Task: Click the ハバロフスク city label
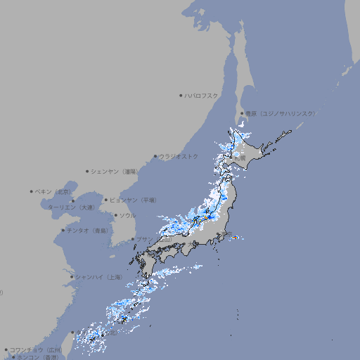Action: [x=202, y=96]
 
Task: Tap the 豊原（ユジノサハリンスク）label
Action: [x=280, y=113]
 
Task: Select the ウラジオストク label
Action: [x=179, y=156]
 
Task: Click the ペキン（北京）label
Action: [x=54, y=191]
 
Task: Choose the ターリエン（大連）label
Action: [x=71, y=207]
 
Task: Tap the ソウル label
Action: [x=127, y=216]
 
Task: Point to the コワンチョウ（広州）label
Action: [x=35, y=349]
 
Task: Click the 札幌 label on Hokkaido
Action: [x=240, y=159]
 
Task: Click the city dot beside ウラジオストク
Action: [x=155, y=156]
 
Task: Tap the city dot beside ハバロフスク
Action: [x=181, y=96]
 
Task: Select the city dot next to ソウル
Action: [x=115, y=216]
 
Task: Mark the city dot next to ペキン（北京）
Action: [x=32, y=191]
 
